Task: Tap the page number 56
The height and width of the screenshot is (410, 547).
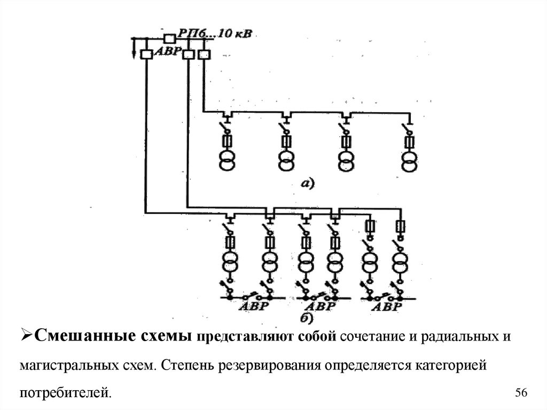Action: coord(521,393)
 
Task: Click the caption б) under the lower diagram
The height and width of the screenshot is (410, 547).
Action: coord(306,318)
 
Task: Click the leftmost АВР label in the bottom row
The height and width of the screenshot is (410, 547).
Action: coord(252,307)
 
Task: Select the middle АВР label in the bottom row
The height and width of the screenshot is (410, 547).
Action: coord(320,307)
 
